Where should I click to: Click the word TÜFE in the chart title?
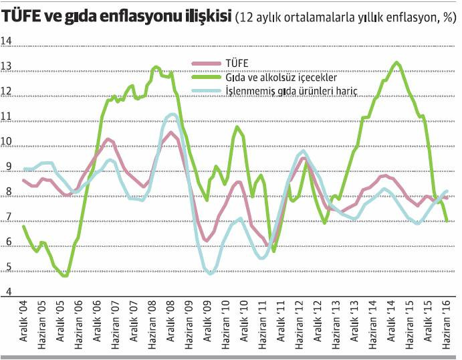point(25,17)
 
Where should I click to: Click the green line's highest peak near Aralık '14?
point(396,62)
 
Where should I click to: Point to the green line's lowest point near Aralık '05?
point(64,275)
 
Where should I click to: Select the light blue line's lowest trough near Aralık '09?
point(211,273)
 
